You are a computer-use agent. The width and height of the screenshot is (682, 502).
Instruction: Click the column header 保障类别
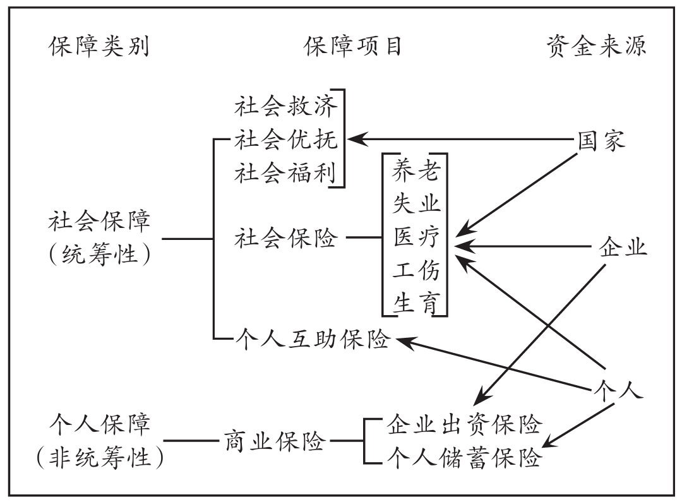[99, 47]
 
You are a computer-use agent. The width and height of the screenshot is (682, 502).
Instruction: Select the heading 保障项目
[353, 47]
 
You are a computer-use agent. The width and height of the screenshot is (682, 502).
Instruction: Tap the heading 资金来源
[596, 47]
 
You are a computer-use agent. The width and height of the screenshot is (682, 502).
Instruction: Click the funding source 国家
[602, 140]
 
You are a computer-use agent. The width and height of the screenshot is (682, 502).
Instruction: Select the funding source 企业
[623, 246]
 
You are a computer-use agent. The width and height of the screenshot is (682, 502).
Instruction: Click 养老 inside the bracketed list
[416, 169]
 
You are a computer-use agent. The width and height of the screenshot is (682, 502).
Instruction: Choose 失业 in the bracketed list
[416, 203]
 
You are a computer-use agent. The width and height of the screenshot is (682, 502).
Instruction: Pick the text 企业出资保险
[464, 424]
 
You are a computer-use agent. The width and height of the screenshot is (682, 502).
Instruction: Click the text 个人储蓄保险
[464, 458]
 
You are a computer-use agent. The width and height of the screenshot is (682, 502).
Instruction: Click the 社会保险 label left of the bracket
[286, 239]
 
